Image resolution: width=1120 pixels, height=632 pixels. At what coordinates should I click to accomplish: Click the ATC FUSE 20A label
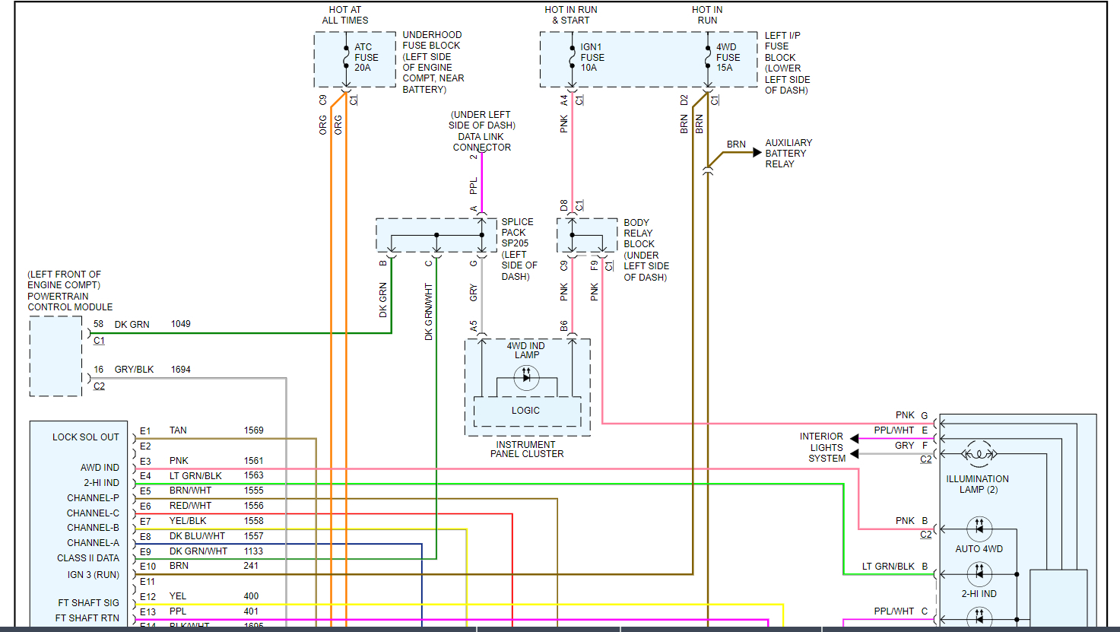point(365,57)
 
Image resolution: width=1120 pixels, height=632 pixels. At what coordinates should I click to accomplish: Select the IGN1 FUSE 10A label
point(592,57)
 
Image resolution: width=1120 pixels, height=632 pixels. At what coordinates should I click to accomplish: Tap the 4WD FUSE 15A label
point(727,57)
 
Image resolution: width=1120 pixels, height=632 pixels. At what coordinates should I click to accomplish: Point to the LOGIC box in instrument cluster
point(526,411)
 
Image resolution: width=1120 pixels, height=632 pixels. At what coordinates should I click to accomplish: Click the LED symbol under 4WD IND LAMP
point(526,377)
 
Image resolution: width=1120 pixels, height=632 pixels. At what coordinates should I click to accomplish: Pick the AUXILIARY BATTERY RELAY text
point(788,153)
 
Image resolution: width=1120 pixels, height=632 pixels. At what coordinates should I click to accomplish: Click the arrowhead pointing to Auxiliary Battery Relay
point(757,153)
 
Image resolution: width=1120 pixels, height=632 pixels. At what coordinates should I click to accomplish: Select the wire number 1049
point(180,324)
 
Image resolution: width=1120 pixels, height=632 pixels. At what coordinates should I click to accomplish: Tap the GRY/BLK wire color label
point(134,370)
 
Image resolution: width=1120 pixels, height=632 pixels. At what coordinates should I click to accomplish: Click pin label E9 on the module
point(145,551)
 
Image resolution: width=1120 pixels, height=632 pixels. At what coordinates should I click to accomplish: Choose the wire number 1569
point(253,430)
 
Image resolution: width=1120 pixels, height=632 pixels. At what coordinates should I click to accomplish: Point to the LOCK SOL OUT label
point(85,437)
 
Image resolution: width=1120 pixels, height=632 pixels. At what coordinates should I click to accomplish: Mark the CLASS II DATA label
point(87,558)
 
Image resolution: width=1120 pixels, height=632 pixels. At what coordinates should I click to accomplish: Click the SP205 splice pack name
point(515,243)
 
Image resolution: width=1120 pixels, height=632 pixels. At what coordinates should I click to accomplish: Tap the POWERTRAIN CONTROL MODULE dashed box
point(56,356)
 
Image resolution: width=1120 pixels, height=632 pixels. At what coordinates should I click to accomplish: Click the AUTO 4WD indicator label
point(979,549)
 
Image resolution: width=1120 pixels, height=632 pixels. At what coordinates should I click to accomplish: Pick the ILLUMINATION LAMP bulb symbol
point(978,455)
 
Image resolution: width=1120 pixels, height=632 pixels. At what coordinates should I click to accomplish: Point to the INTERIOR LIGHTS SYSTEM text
point(822,447)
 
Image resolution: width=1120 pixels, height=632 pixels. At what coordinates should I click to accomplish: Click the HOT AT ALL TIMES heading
point(345,15)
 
